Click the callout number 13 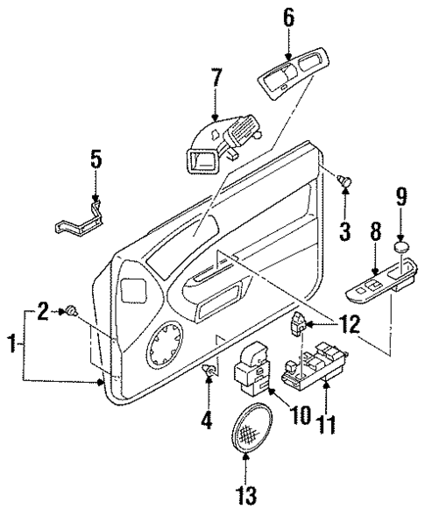246,495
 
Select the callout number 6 288,18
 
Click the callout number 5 96,159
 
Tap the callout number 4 208,420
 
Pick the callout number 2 42,309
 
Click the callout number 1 10,344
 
